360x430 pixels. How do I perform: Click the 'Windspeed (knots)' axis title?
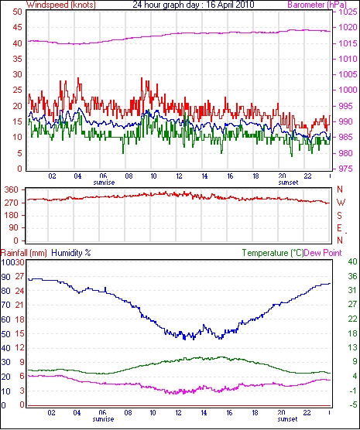pyautogui.click(x=61, y=5)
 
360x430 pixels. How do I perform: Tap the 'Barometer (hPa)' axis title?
pyautogui.click(x=317, y=5)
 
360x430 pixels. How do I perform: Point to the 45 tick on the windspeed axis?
pyautogui.click(x=18, y=27)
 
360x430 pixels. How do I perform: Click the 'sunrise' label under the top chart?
pyautogui.click(x=104, y=183)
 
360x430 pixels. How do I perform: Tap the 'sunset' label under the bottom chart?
pyautogui.click(x=287, y=419)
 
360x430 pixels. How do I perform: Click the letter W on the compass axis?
pyautogui.click(x=341, y=203)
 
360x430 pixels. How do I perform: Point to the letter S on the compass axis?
pyautogui.click(x=340, y=216)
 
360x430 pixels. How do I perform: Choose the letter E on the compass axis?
pyautogui.click(x=340, y=228)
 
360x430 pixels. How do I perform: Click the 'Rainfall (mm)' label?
pyautogui.click(x=24, y=253)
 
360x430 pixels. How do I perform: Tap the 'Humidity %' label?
pyautogui.click(x=71, y=253)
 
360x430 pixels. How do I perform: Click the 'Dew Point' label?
pyautogui.click(x=323, y=253)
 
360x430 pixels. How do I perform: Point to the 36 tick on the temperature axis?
pyautogui.click(x=352, y=276)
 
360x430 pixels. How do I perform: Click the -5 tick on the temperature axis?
pyautogui.click(x=352, y=404)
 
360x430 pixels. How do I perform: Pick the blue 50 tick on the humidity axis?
pyautogui.click(x=6, y=334)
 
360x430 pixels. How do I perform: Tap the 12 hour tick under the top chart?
pyautogui.click(x=179, y=176)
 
